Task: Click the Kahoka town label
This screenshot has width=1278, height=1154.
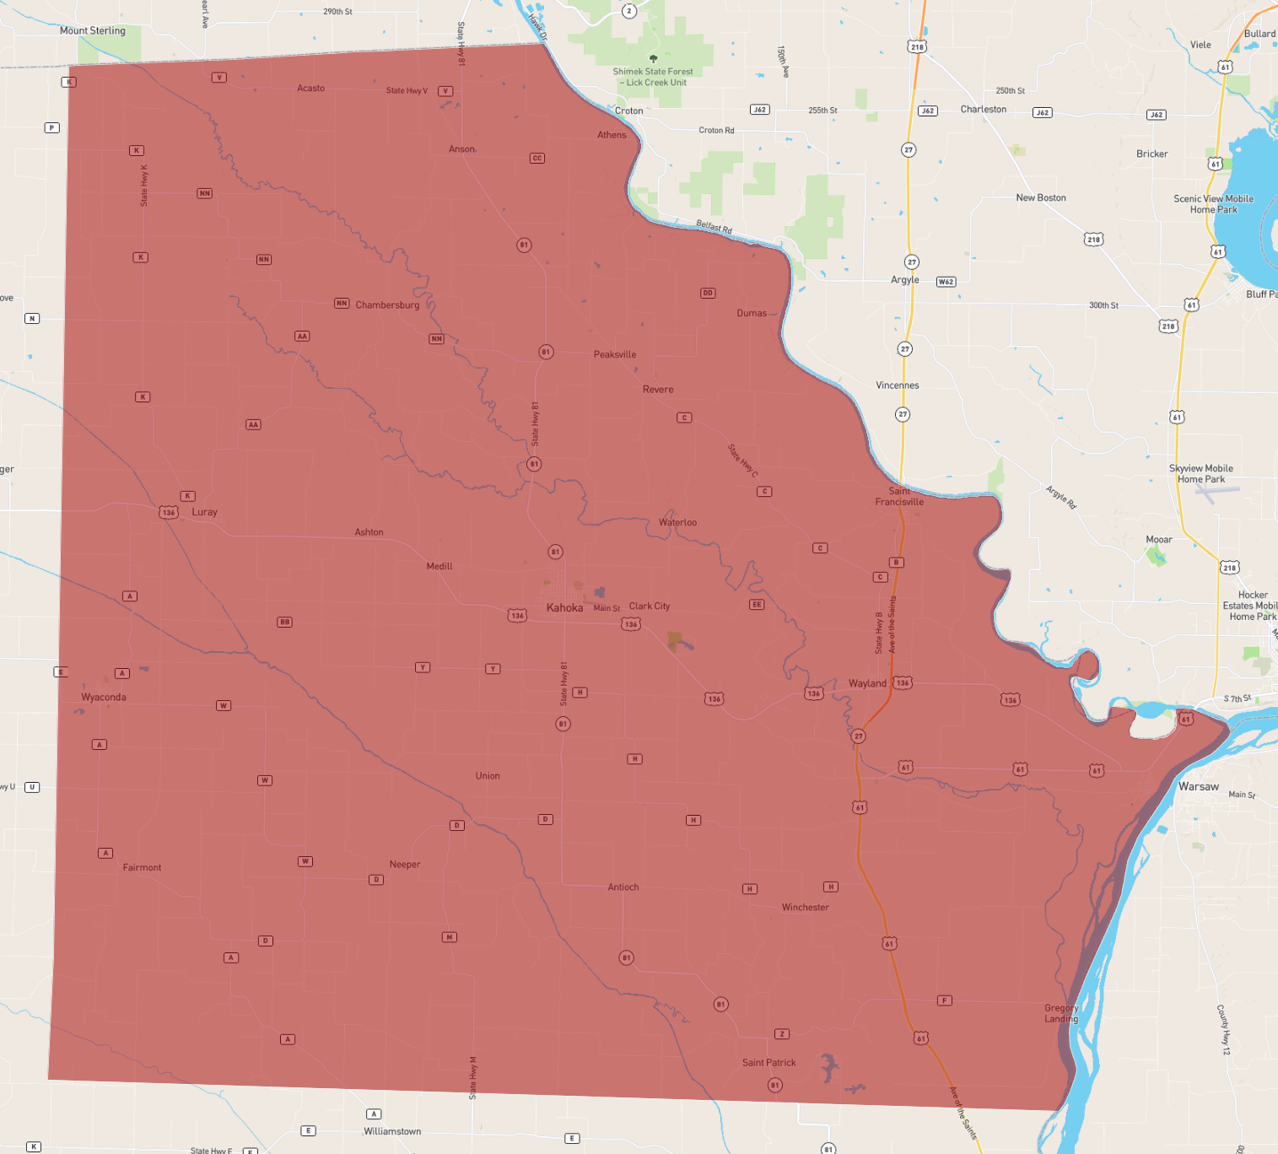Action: pyautogui.click(x=564, y=608)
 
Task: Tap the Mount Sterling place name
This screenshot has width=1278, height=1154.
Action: pyautogui.click(x=93, y=31)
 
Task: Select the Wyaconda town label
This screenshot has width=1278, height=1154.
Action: pyautogui.click(x=104, y=698)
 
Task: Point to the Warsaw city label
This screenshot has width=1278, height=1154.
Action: pyautogui.click(x=1199, y=787)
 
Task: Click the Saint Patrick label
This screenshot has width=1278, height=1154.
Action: pyautogui.click(x=768, y=1063)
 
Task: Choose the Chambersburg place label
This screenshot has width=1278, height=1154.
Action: pyautogui.click(x=387, y=305)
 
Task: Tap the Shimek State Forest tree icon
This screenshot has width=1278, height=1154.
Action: pyautogui.click(x=653, y=59)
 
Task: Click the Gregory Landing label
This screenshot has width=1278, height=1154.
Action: pyautogui.click(x=1061, y=1013)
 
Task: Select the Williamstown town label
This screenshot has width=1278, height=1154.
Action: pyautogui.click(x=392, y=1132)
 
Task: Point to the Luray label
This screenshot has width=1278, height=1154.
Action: pyautogui.click(x=204, y=512)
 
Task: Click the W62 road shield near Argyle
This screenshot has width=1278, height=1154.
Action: pyautogui.click(x=946, y=282)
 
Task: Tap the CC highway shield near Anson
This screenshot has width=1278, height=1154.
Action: pyautogui.click(x=537, y=158)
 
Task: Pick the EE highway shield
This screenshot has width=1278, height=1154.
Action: pyautogui.click(x=757, y=605)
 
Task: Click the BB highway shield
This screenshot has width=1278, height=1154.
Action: pyautogui.click(x=285, y=622)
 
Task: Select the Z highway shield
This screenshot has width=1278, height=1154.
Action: pyautogui.click(x=782, y=1034)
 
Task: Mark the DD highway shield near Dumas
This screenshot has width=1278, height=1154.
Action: pyautogui.click(x=708, y=293)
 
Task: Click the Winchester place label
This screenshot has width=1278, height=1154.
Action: pyautogui.click(x=805, y=908)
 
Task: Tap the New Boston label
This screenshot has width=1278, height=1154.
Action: pyautogui.click(x=1041, y=198)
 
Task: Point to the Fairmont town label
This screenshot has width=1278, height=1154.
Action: pyautogui.click(x=142, y=868)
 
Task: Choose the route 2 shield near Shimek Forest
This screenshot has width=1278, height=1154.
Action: pyautogui.click(x=629, y=11)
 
